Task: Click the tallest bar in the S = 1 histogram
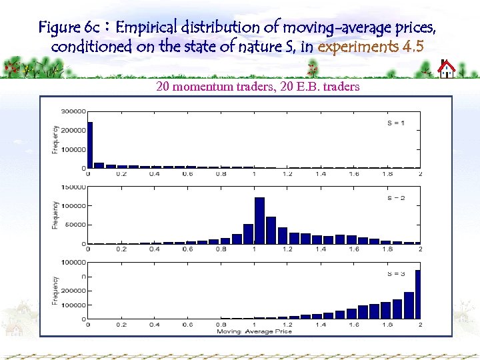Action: pos(91,145)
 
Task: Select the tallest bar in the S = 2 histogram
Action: pos(259,221)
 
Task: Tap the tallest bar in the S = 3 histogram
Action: pos(418,294)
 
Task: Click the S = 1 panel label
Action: pos(396,123)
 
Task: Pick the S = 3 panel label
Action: pos(396,274)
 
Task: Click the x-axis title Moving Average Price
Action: pos(254,331)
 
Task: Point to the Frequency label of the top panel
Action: pos(55,139)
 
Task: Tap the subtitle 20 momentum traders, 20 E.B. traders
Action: pos(257,86)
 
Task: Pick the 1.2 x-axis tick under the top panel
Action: pos(287,174)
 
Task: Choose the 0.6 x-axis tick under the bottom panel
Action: pos(188,325)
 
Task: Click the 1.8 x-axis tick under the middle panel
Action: pos(387,249)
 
